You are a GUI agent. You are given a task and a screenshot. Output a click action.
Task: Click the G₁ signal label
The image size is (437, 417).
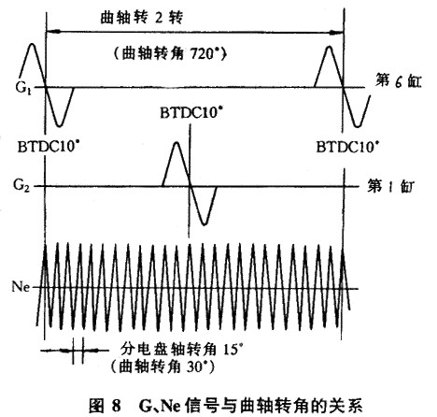[x=23, y=89]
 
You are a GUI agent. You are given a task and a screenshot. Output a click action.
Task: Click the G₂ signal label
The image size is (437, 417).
[x=21, y=185]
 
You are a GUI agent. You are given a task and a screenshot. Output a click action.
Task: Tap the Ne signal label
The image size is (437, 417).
[x=21, y=286]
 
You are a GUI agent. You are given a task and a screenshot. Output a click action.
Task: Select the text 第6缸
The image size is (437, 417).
[x=398, y=81]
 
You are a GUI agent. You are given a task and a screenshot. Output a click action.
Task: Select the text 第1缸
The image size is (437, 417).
[x=390, y=186]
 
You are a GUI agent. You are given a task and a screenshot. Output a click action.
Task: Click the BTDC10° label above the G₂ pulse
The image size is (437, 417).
[x=192, y=112]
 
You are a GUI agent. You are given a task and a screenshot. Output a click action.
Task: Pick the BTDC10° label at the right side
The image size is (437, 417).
[x=348, y=147]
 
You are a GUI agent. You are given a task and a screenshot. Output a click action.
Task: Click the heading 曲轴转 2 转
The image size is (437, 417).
[x=141, y=18]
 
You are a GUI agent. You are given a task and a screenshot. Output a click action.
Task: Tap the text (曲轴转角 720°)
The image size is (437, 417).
[x=170, y=54]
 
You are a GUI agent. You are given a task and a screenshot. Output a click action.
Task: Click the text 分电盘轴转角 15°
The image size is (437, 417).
[x=182, y=350]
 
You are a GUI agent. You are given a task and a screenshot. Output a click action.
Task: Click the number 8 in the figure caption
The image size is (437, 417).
[x=116, y=406]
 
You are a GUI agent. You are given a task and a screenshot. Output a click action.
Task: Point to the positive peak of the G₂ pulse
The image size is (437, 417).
[x=176, y=142]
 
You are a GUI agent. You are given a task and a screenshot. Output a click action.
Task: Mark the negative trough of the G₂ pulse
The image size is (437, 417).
[x=204, y=224]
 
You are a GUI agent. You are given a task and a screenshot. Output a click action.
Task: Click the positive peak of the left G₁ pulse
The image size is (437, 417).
[x=32, y=44]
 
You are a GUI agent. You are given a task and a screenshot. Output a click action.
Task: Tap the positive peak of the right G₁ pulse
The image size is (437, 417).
[x=329, y=47]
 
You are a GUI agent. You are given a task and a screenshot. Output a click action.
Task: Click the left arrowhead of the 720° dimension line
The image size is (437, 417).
[x=52, y=31]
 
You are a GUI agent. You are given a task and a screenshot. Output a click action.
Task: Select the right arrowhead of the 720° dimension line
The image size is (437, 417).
[x=337, y=32]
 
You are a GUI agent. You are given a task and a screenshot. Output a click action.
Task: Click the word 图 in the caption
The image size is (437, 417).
[x=96, y=406]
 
